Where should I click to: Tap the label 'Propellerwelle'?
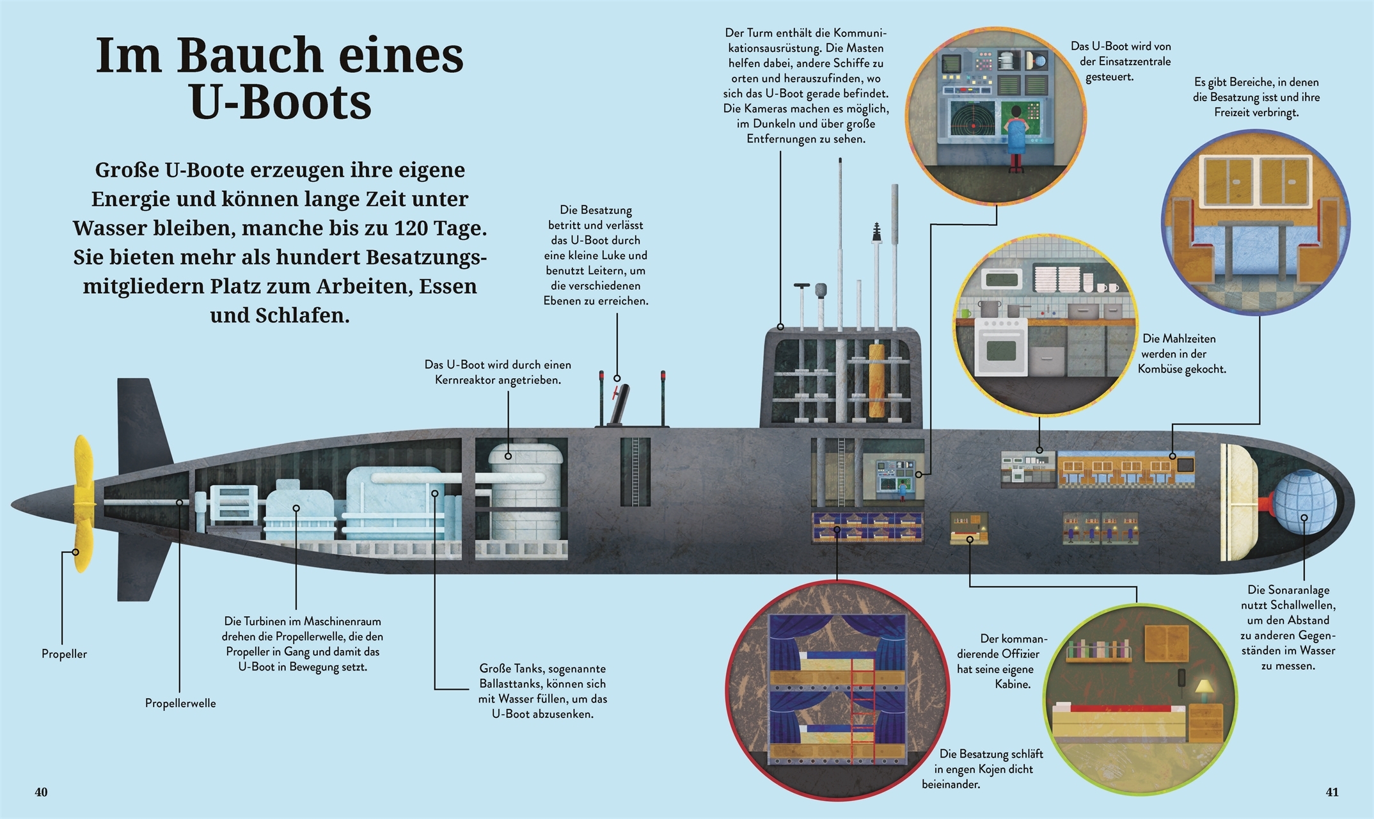click(180, 703)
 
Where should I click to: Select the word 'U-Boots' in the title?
click(281, 102)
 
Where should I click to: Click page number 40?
click(41, 792)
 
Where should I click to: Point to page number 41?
click(1332, 792)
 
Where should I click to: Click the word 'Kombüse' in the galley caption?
click(1165, 369)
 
